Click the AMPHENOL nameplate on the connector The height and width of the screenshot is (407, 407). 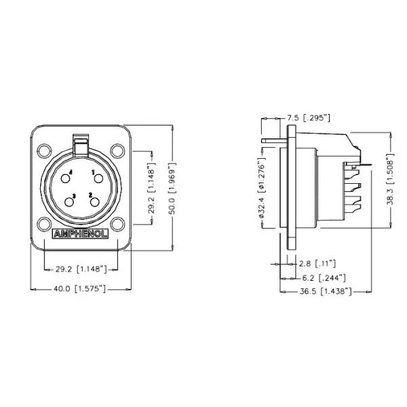point(79,237)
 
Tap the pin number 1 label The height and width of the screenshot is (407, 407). point(92,173)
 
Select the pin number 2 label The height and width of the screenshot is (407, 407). point(90,195)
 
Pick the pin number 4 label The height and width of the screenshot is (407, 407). point(71,173)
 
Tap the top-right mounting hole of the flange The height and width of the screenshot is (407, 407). point(117,150)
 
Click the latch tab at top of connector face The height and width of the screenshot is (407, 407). point(80,144)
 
